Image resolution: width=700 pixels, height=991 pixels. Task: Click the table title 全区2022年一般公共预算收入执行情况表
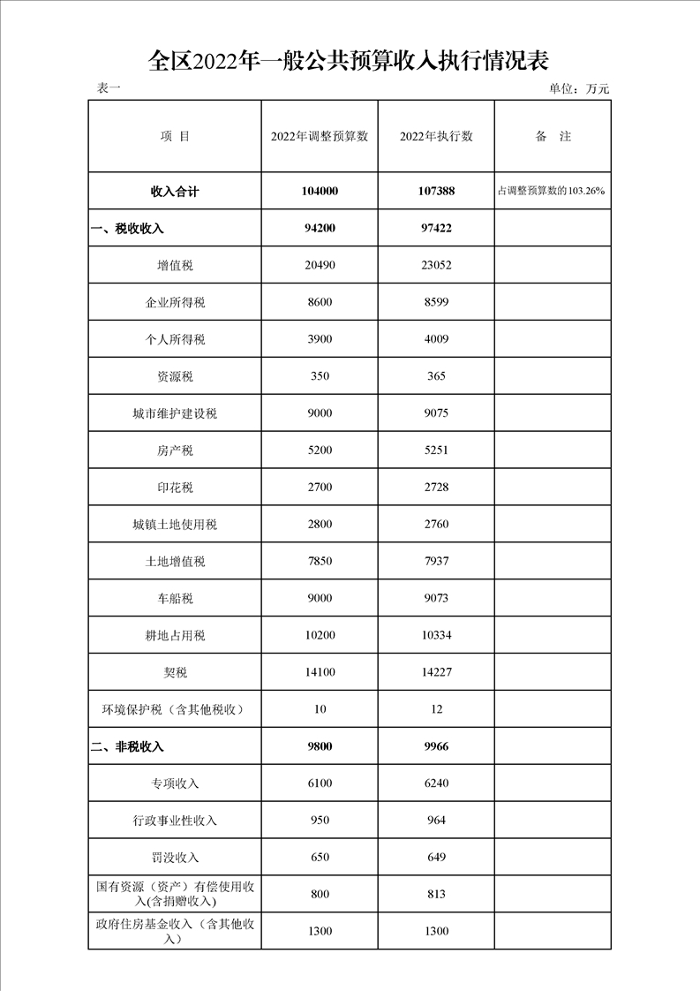(x=350, y=61)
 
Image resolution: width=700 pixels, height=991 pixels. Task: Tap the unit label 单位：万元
(x=579, y=88)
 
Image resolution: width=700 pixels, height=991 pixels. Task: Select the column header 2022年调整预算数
(x=320, y=136)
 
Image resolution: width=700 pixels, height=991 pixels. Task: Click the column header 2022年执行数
(x=436, y=136)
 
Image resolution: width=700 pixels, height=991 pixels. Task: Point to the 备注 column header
(x=553, y=136)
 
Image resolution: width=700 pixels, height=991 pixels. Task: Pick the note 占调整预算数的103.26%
(x=553, y=191)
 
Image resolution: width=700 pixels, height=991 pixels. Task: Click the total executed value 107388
(x=436, y=191)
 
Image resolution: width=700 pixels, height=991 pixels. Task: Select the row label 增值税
(x=175, y=265)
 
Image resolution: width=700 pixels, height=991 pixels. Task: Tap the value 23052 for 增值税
(x=436, y=265)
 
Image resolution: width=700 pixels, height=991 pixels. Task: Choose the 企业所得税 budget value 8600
(x=320, y=302)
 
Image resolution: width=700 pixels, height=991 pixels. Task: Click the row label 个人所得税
(x=175, y=339)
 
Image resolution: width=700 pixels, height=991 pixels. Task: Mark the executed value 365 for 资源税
(x=436, y=376)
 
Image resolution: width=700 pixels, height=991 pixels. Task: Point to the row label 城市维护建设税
(x=175, y=413)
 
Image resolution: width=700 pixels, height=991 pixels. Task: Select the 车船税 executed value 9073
(x=436, y=598)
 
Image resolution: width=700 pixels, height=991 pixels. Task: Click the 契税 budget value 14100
(x=320, y=672)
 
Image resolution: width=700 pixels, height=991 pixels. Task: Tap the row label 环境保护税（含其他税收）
(x=175, y=709)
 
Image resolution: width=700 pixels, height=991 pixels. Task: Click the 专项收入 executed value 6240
(x=436, y=783)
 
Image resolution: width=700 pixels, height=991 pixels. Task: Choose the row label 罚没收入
(x=175, y=858)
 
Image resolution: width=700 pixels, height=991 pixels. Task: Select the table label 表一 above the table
(x=108, y=88)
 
